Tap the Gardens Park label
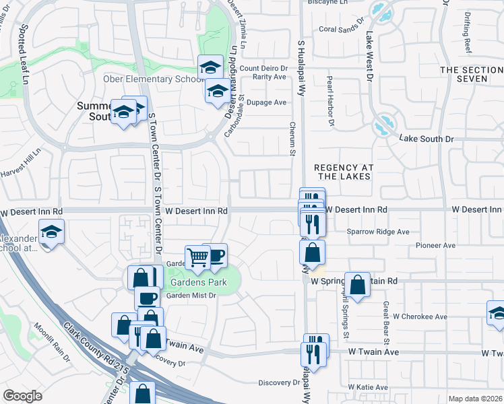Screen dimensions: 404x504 click(x=198, y=281)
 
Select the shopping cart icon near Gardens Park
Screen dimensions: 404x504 click(x=197, y=257)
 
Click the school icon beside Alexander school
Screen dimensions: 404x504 click(x=51, y=232)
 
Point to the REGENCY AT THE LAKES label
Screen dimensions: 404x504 click(x=343, y=171)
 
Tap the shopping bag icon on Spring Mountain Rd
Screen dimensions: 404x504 click(x=358, y=284)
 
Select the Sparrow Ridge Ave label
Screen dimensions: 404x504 click(x=378, y=232)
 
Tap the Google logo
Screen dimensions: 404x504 click(x=23, y=396)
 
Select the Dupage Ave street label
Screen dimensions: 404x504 click(x=267, y=102)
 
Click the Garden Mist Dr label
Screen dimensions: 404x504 click(x=191, y=295)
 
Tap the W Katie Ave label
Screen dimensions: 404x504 click(x=368, y=387)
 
